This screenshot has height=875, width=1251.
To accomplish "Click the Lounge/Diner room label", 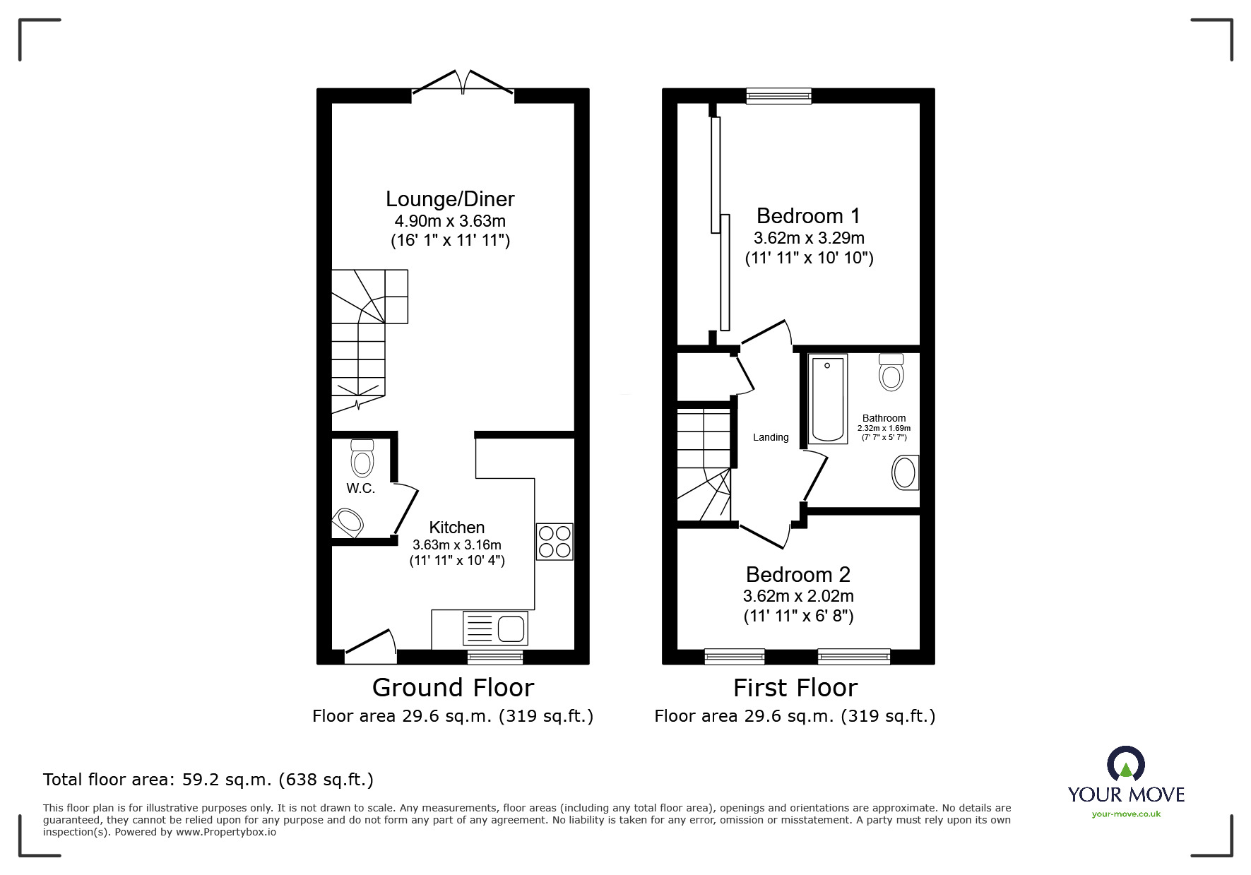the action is [x=450, y=198].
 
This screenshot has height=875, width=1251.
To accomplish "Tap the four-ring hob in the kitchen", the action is [x=555, y=541].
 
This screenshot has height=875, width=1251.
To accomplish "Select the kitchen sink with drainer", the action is [x=495, y=628].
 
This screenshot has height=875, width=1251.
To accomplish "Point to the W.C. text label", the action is [x=360, y=488].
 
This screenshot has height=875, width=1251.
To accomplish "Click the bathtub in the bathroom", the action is [x=827, y=399].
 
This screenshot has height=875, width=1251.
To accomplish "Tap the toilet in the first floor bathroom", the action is [x=891, y=371].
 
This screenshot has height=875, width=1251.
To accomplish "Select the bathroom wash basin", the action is [x=906, y=472].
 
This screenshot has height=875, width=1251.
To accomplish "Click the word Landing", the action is [x=771, y=437].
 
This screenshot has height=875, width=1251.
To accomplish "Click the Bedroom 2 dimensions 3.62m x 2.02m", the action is [x=798, y=596].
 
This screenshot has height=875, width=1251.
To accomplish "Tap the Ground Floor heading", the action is [x=453, y=687].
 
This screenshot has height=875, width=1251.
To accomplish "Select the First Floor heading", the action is [x=795, y=687].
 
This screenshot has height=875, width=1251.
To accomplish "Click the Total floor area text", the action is [x=208, y=780].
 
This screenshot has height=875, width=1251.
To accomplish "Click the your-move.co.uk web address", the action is [x=1126, y=814].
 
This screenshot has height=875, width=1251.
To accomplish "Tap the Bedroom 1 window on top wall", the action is [x=779, y=95].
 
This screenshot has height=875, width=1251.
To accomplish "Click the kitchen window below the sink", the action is [x=495, y=657].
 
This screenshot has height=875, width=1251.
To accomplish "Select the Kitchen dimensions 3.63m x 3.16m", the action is [x=457, y=544].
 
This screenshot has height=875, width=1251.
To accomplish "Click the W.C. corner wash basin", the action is [x=347, y=523].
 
